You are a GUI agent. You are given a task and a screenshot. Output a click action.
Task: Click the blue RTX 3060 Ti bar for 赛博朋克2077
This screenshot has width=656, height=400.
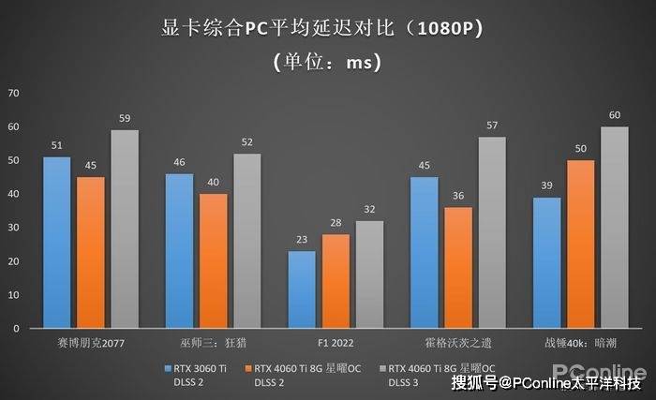point(57,243)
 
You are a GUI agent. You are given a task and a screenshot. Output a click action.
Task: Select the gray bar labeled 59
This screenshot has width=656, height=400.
point(125,230)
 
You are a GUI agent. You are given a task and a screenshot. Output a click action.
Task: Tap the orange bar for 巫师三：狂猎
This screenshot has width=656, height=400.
point(213,261)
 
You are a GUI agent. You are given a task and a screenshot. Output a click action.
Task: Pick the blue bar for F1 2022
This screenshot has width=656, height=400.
point(302,289)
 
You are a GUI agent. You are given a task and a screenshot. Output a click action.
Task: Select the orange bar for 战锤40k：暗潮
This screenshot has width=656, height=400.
point(581,244)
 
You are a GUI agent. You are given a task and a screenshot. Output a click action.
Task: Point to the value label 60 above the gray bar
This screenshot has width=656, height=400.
point(615,115)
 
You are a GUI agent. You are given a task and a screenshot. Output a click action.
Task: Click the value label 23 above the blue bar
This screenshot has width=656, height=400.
point(302,240)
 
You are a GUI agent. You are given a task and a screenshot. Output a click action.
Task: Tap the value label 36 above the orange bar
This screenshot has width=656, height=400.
point(458,196)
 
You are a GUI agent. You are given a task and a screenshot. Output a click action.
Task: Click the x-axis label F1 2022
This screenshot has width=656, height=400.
point(335,344)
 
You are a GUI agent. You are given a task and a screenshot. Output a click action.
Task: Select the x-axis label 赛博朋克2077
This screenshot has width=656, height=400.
point(91,344)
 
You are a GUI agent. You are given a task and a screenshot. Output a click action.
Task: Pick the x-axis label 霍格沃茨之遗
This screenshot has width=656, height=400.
point(458,344)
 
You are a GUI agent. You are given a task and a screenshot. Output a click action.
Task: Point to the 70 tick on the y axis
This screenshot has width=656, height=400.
point(13,93)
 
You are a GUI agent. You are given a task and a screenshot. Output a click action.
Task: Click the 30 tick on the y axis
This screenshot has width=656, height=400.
point(13,228)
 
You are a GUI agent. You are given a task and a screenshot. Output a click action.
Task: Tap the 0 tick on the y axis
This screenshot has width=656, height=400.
point(16,329)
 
